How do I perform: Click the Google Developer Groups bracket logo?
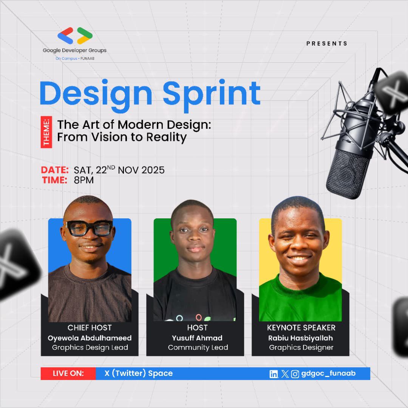[x=75, y=36]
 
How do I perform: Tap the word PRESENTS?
[x=327, y=43]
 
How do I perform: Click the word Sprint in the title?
[x=212, y=93]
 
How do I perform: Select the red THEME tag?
[x=46, y=132]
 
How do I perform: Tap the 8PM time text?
[x=84, y=180]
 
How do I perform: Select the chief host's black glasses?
[x=89, y=228]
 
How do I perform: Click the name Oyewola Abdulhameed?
[x=90, y=338]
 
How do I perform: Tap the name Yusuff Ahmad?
[x=197, y=338]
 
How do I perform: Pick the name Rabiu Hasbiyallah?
[x=301, y=338]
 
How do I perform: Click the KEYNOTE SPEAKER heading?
[x=301, y=328]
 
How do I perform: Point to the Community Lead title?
[x=198, y=348]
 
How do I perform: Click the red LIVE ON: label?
[x=68, y=374]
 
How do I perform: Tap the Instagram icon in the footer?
[x=295, y=374]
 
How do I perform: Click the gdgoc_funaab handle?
[x=328, y=373]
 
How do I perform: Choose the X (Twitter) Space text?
[x=139, y=374]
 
